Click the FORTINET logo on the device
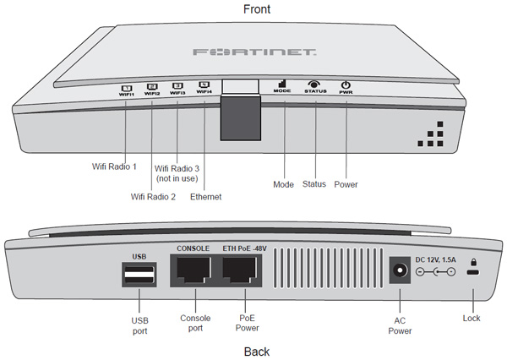[253, 53]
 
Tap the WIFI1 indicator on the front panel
[126, 89]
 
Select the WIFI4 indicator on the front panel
[203, 87]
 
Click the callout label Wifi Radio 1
[114, 166]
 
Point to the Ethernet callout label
[205, 197]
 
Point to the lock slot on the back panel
[472, 274]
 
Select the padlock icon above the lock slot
[472, 262]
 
